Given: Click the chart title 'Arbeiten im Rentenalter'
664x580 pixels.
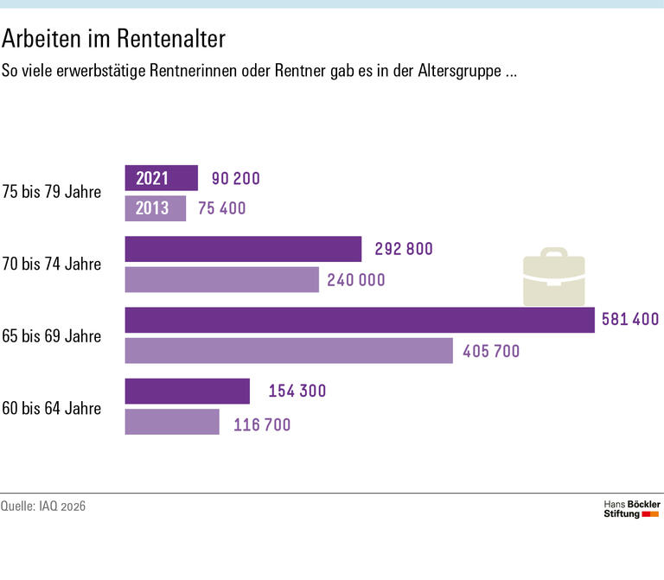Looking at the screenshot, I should [x=114, y=39].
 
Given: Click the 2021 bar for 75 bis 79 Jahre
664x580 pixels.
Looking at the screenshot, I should [x=162, y=178].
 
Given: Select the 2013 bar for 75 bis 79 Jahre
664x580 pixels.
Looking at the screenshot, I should [x=156, y=208].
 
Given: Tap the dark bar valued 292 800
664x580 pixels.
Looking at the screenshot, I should [x=243, y=249].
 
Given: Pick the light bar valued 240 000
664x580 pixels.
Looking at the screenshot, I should [x=222, y=279].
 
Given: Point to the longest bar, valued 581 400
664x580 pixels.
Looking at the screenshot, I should [x=360, y=320].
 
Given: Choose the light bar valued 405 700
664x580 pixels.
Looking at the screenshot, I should [x=289, y=350].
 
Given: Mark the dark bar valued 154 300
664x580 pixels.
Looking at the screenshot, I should [x=188, y=391].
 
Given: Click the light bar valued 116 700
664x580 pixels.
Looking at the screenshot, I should [x=172, y=422].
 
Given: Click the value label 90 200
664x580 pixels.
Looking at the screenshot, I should [x=235, y=179].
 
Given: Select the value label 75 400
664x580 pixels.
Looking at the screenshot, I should [x=222, y=208].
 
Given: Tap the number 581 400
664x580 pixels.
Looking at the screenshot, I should [x=630, y=320].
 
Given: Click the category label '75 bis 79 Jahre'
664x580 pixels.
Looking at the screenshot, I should [x=52, y=192].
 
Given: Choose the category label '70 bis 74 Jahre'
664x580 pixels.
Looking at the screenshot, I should [x=52, y=264].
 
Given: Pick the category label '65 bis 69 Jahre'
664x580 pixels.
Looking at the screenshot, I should [x=52, y=335].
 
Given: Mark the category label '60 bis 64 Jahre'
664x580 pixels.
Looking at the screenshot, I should [x=52, y=407].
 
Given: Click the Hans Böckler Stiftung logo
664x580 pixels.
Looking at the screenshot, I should [x=631, y=508].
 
